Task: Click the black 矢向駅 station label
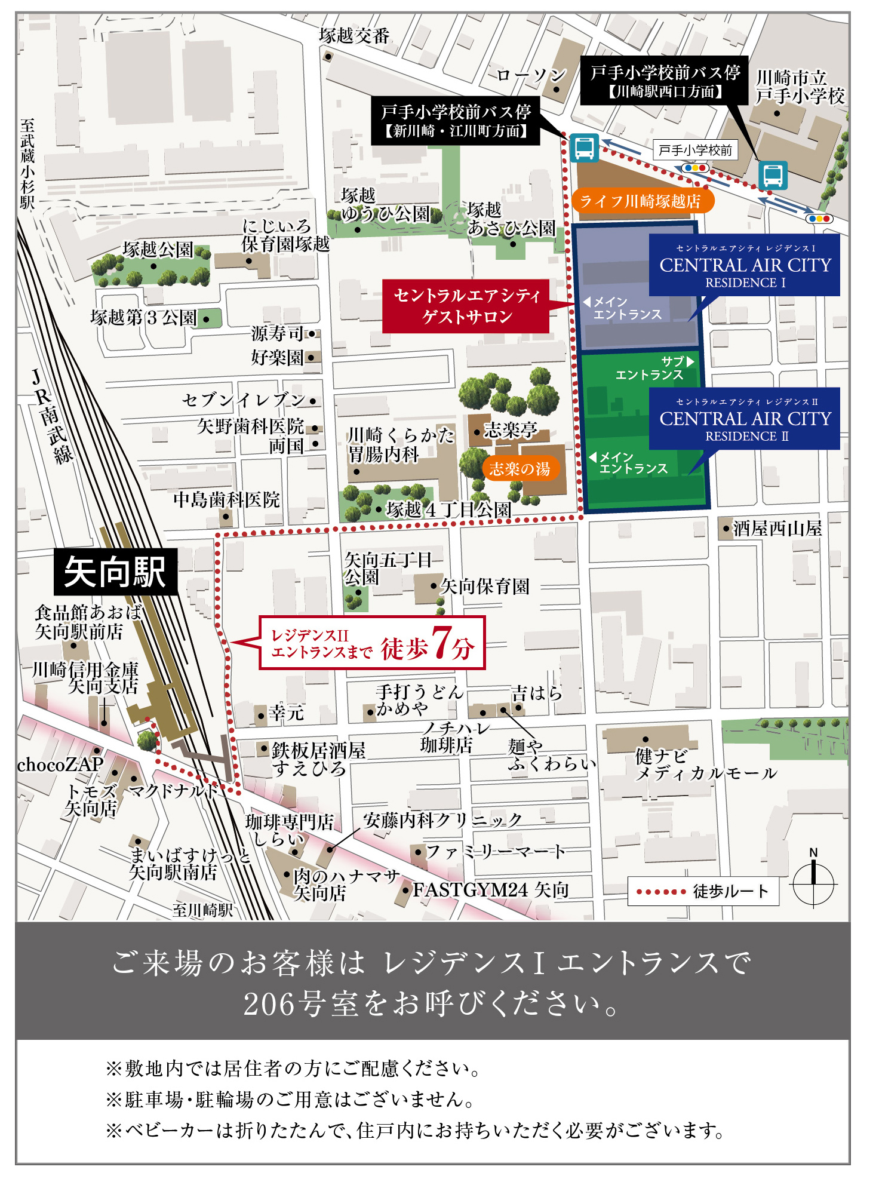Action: coord(115,572)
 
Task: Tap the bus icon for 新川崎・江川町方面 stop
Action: coord(583,148)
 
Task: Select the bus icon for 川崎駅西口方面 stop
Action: coord(773,176)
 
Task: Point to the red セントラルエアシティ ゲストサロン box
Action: coord(466,306)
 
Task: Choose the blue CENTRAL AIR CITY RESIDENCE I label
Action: coord(745,265)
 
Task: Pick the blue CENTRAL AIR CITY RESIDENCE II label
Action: coord(745,419)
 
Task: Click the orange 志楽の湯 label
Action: coord(520,469)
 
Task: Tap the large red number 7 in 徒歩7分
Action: coord(441,643)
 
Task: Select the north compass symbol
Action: coord(813,881)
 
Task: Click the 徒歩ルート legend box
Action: coord(703,891)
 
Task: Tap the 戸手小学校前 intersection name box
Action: coord(695,150)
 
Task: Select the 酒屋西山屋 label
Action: coord(776,528)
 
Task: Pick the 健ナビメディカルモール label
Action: coord(705,765)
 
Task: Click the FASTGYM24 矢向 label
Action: coord(490,890)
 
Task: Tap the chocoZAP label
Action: coord(60,764)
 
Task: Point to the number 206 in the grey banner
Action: coord(269,1005)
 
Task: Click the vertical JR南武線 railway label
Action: coord(53,416)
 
